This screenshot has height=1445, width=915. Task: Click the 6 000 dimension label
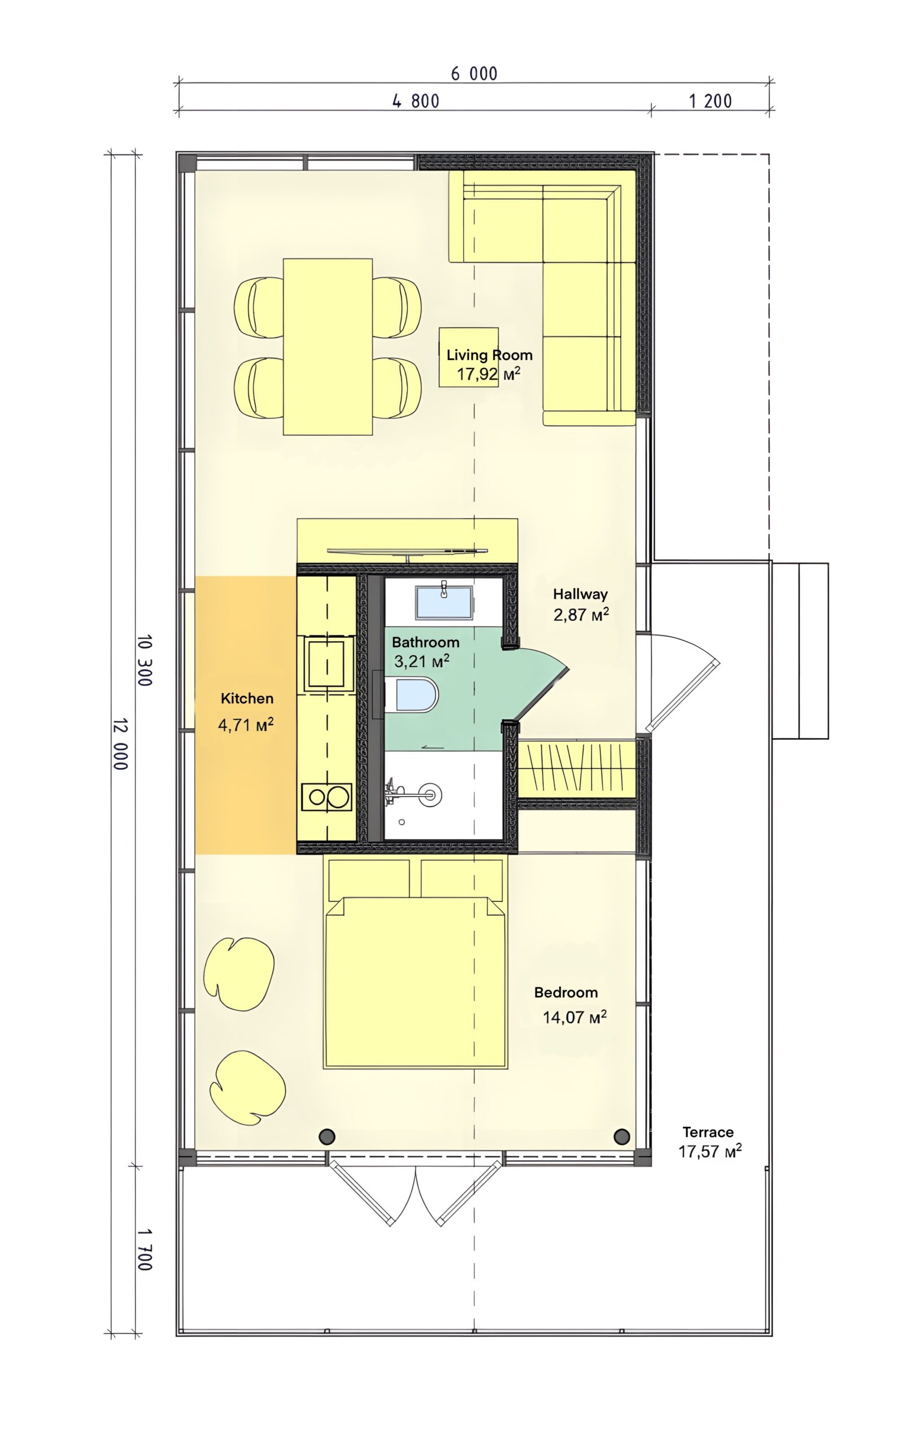coord(474,74)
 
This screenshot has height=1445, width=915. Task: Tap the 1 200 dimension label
coord(711,101)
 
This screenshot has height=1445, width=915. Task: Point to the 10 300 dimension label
coord(145,660)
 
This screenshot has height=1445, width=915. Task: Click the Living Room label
coord(489,354)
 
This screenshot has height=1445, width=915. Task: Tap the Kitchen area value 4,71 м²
coord(246,725)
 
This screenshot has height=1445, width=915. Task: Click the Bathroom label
coord(425,642)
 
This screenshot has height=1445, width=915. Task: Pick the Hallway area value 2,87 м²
coord(581,615)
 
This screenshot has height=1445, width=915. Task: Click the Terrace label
coord(708,1132)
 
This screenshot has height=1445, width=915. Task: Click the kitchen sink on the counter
coord(326,664)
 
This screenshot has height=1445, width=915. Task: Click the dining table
coord(328,346)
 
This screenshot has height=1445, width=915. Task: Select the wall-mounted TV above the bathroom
coord(407,550)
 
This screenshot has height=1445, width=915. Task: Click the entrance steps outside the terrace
coord(800,650)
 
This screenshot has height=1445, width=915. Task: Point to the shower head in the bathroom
coord(429,795)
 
